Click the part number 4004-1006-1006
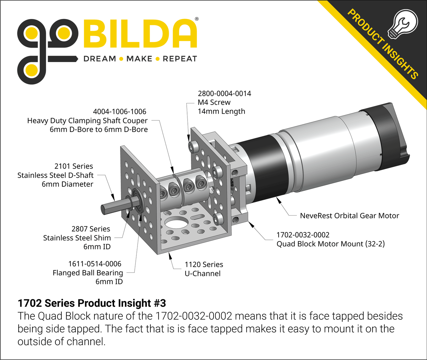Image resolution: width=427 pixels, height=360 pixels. [119, 112]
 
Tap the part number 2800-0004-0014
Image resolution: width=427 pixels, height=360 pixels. [224, 94]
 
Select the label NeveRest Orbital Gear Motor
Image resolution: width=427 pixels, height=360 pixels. [349, 216]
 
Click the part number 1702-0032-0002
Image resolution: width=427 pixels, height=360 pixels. [303, 235]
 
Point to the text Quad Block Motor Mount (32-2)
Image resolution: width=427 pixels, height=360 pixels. [330, 244]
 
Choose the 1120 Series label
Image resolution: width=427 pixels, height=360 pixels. [204, 265]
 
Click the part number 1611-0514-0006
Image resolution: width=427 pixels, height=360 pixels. [95, 264]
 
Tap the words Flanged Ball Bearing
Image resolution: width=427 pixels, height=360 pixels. [88, 273]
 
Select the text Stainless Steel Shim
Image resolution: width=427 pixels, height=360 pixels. [77, 238]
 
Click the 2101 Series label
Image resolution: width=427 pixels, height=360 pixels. [74, 166]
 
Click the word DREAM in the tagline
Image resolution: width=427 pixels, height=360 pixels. [99, 59]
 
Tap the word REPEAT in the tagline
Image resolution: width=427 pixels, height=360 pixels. [180, 59]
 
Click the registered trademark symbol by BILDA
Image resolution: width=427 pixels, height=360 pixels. [196, 19]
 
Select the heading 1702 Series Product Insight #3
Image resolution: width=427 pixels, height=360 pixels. [92, 303]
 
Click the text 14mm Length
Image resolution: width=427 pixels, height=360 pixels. [221, 112]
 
